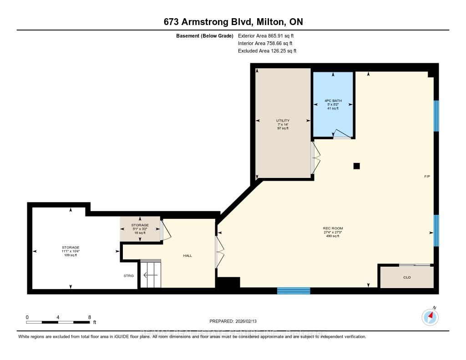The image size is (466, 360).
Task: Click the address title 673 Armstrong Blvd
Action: point(233,22)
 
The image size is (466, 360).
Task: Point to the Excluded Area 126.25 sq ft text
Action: point(267,51)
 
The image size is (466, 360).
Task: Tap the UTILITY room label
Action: point(283,124)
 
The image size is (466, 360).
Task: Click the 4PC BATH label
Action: point(334,104)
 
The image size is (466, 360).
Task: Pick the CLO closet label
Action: point(407,277)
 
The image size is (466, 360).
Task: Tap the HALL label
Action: point(187,256)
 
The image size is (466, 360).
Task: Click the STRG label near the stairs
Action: point(129,275)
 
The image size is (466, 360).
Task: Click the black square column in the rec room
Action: point(357,166)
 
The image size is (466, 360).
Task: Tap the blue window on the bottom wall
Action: point(294,291)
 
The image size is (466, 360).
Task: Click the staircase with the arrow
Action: point(150,274)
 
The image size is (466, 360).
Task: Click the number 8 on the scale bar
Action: point(90,317)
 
